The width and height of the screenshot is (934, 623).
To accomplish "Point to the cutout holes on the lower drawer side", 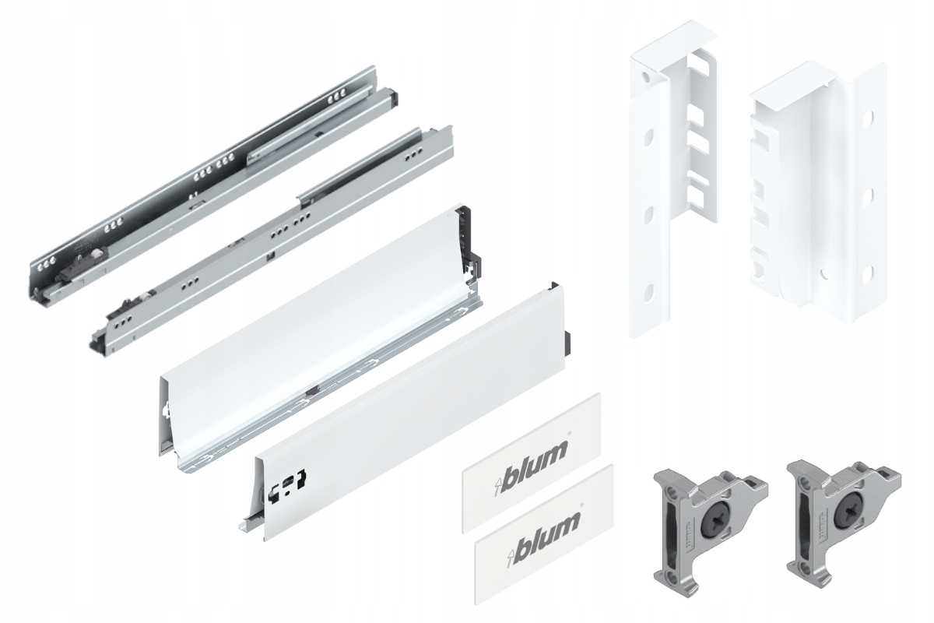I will click(287, 487).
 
